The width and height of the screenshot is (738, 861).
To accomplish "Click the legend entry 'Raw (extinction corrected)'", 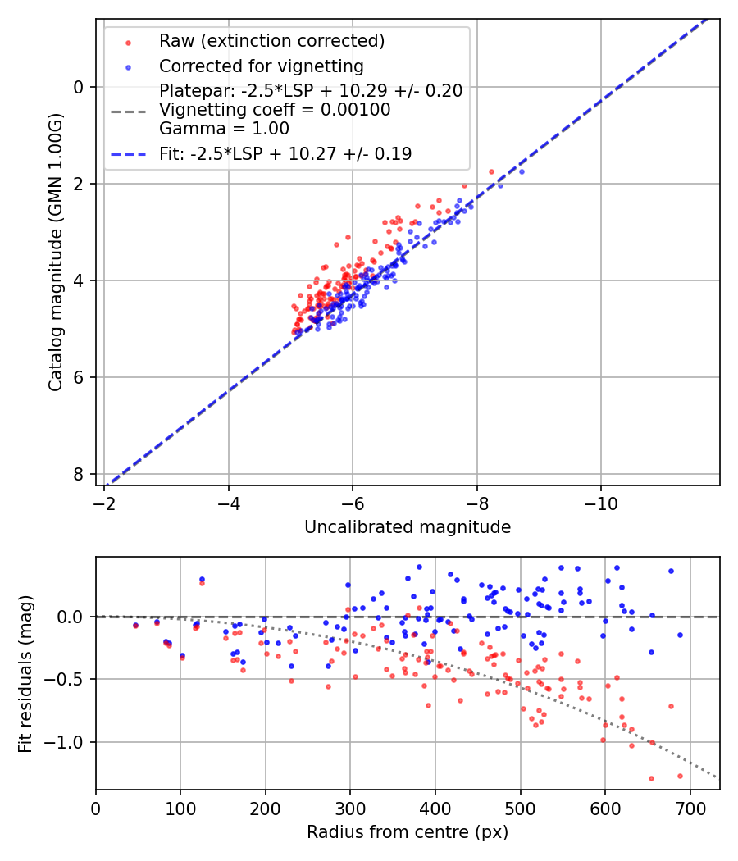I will (x=271, y=41).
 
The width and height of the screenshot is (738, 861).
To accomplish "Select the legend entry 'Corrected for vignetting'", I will (x=262, y=66).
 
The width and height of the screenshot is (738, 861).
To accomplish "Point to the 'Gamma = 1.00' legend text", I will (x=224, y=128).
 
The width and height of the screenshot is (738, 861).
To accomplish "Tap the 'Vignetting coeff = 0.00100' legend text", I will (x=275, y=109).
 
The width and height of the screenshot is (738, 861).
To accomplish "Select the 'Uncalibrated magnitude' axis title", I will (x=408, y=527).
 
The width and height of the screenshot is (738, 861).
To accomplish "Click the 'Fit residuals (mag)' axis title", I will (x=25, y=672).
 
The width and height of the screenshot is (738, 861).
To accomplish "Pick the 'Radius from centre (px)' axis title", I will (x=408, y=832).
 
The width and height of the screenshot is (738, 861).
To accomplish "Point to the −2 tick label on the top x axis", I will (x=104, y=502).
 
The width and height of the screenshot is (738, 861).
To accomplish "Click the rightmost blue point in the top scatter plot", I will (x=521, y=171).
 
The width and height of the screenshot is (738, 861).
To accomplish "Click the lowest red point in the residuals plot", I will (x=651, y=778).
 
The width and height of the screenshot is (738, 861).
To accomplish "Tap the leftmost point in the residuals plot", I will (x=135, y=626).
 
